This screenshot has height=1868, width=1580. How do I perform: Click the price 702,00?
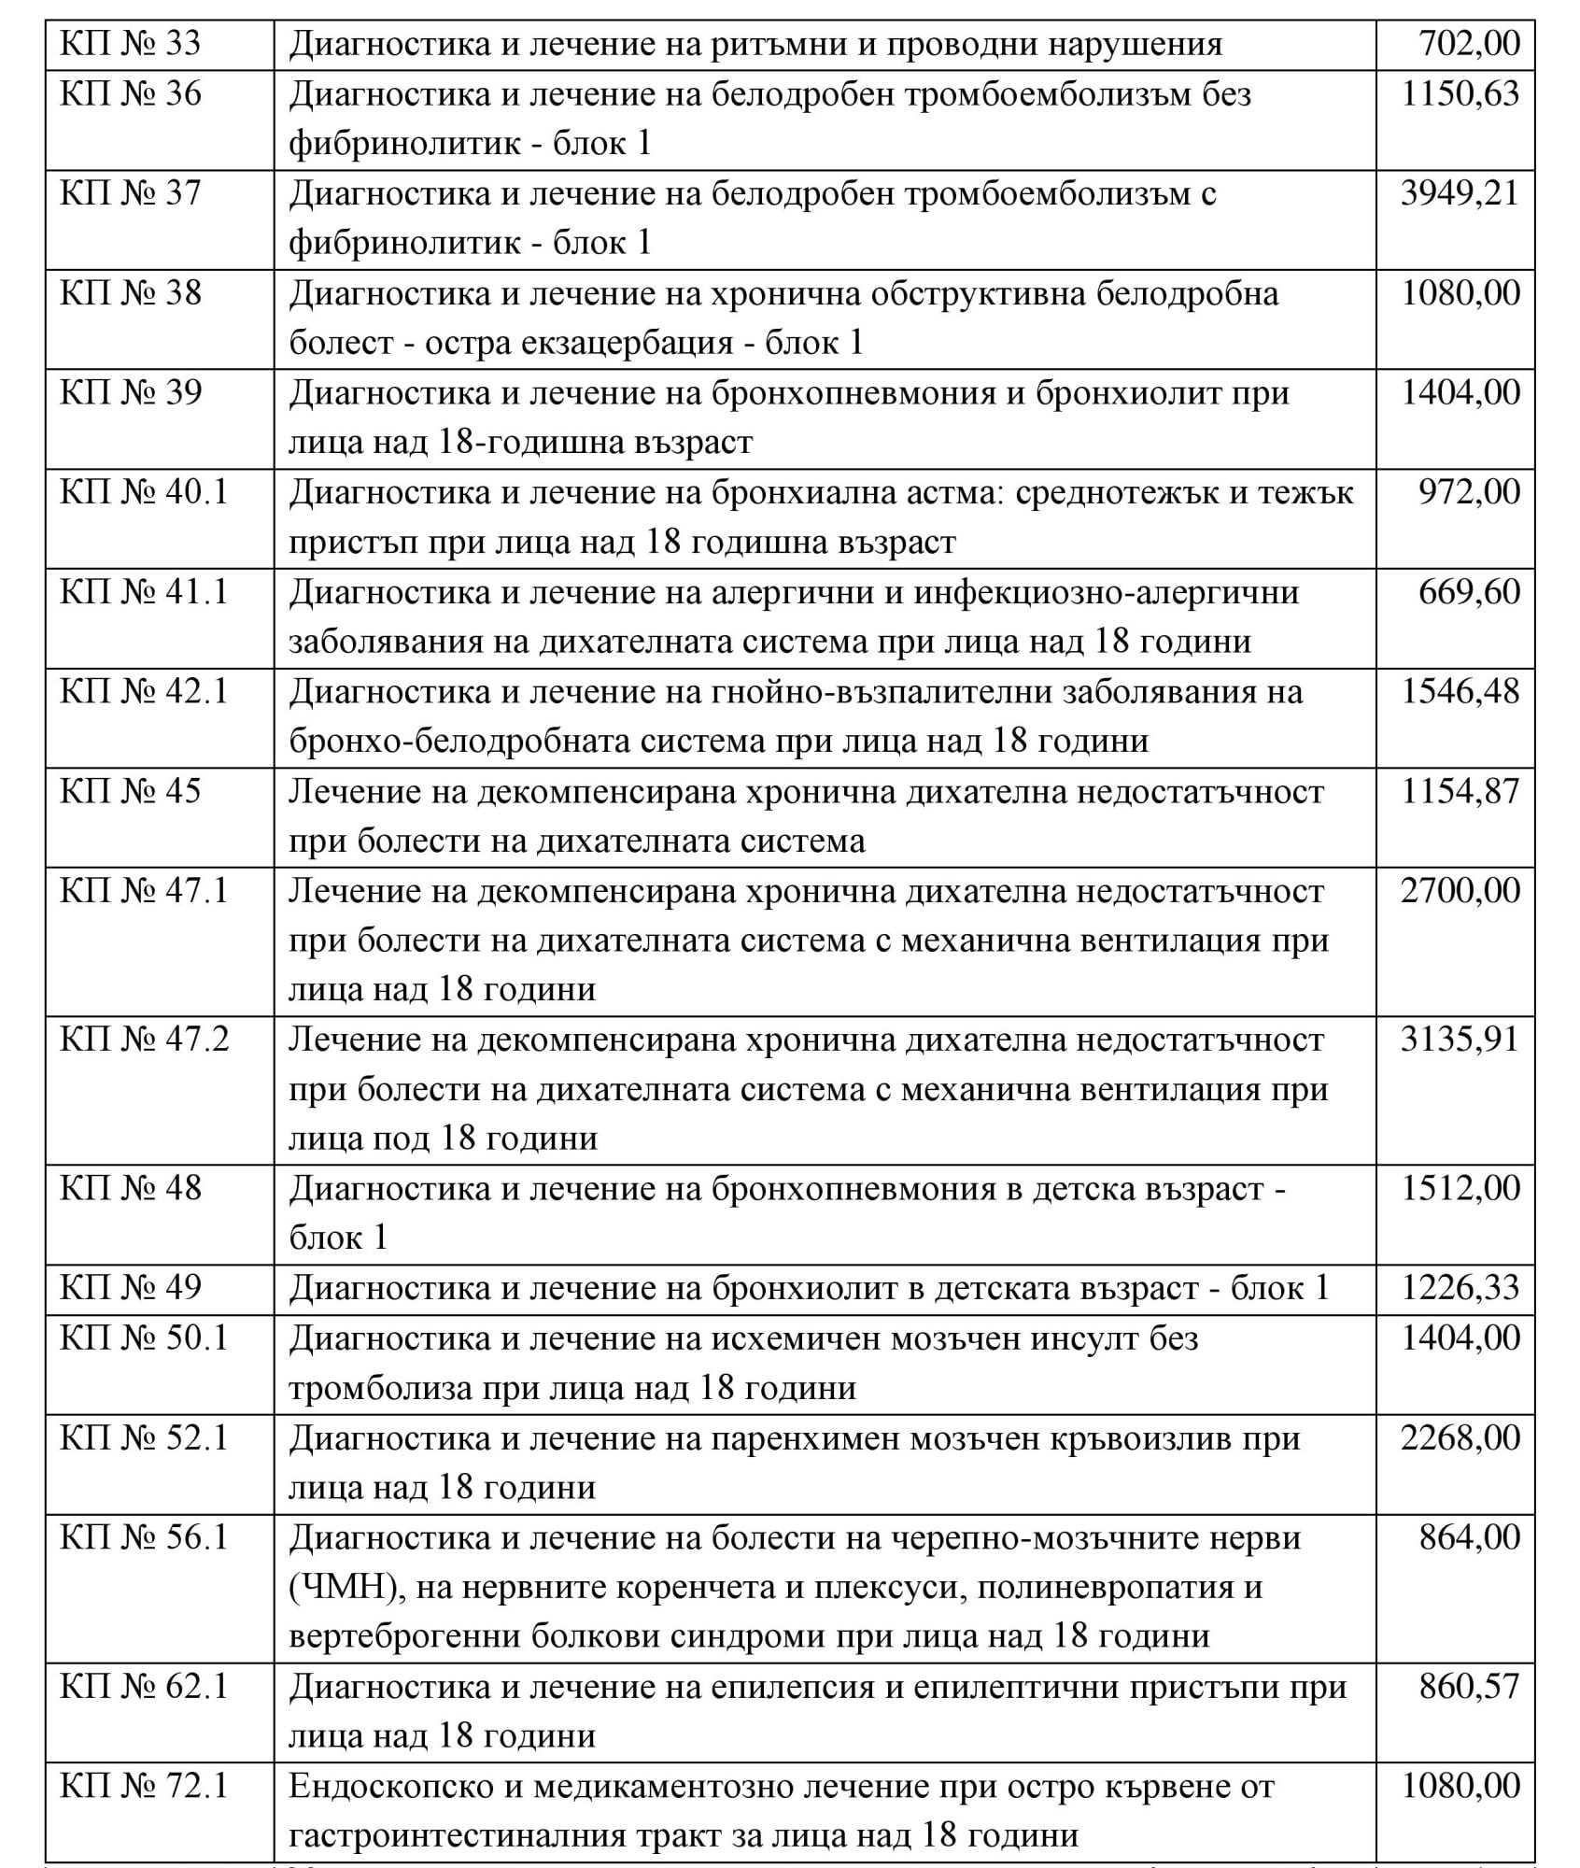1469,44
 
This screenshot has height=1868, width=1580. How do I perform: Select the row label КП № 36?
131,94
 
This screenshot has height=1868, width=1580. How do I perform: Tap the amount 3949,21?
1460,194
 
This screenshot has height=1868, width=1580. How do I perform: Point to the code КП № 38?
131,293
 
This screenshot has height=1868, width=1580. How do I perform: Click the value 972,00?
1469,492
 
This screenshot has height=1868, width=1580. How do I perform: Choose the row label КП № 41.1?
144,592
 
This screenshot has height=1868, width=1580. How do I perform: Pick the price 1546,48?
1460,692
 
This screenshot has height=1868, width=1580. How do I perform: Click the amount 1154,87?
1460,791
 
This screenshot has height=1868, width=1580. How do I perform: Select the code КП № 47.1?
144,891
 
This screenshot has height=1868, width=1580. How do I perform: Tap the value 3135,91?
1460,1040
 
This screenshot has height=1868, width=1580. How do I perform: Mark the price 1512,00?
1460,1188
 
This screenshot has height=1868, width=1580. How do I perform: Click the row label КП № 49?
131,1288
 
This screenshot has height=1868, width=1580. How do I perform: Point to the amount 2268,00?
1460,1437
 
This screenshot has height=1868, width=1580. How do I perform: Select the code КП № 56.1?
144,1537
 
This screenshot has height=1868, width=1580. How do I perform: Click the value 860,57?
1469,1686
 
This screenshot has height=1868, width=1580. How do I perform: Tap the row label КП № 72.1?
144,1786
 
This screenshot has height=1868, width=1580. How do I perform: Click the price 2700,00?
1460,891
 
